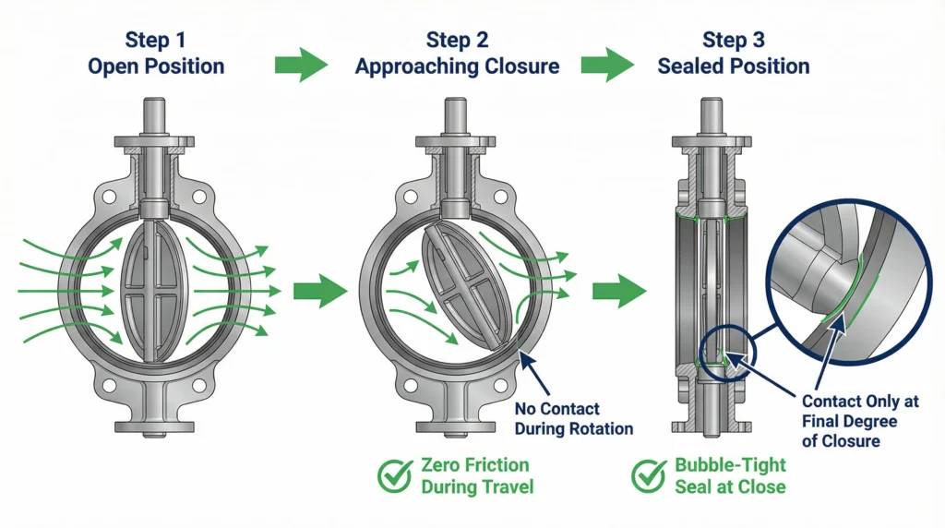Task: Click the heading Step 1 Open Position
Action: tap(155, 54)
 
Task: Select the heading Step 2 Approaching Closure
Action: tap(457, 54)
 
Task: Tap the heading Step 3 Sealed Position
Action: tap(733, 54)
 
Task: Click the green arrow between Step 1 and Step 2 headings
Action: tap(302, 66)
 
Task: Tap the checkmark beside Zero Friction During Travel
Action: tap(396, 475)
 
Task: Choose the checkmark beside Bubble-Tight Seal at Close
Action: tap(650, 475)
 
